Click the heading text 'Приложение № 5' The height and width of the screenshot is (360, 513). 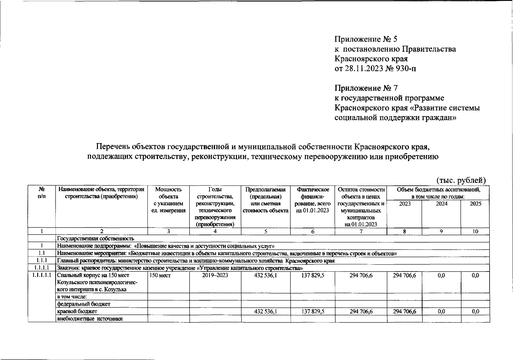(366, 39)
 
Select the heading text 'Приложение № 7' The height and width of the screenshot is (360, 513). (366, 88)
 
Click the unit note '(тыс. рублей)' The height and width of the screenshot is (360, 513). (461, 180)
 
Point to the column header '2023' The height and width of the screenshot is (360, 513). (404, 204)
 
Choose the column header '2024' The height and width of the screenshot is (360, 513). (441, 204)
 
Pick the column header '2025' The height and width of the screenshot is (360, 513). (475, 204)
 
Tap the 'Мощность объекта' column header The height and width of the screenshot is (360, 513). (168, 193)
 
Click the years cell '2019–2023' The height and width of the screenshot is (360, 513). (215, 275)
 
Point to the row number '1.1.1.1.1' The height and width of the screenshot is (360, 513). (42, 275)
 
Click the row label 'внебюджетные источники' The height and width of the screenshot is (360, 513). (90, 319)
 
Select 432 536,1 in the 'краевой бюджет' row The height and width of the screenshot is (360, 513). (265, 312)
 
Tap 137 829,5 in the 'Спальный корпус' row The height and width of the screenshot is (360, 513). (312, 275)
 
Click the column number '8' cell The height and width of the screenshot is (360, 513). (404, 231)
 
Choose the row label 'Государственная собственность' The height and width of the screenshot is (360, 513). (95, 239)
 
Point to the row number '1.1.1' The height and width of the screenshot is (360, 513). (42, 260)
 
